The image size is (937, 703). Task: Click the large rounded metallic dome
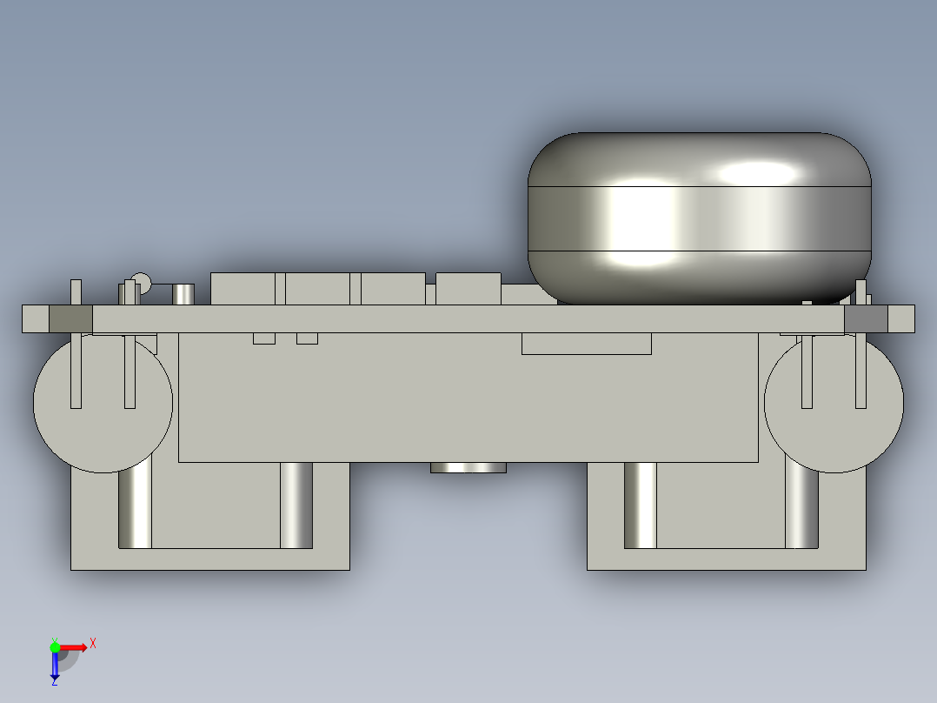[x=699, y=218]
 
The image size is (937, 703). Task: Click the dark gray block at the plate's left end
[x=70, y=319]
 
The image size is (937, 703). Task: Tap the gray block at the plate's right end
[x=866, y=319]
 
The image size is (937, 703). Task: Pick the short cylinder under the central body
[x=468, y=468]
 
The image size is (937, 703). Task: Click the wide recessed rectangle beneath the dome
[x=586, y=344]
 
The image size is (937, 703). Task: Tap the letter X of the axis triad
[x=93, y=643]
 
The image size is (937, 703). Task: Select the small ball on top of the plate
[x=141, y=283]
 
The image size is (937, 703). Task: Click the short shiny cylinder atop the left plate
[x=183, y=294]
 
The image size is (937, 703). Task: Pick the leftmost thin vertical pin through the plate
[x=76, y=343]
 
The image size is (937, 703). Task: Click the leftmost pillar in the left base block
[x=135, y=509]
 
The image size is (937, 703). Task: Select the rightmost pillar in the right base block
[x=802, y=509]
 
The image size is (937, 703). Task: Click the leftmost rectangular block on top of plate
[x=243, y=289]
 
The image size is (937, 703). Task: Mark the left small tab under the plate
[x=264, y=338]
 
